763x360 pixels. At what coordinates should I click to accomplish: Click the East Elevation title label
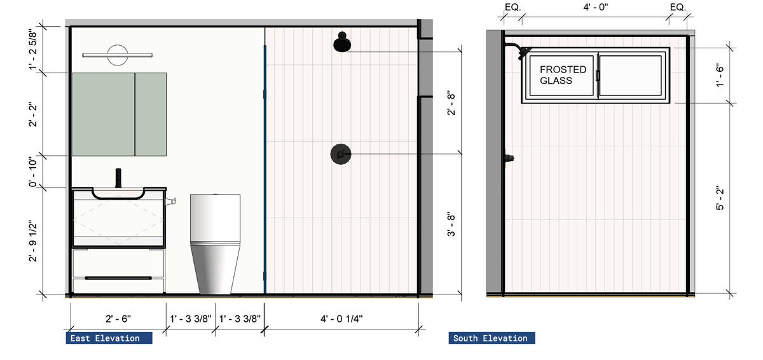pyautogui.click(x=105, y=338)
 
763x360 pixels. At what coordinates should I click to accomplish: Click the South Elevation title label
pyautogui.click(x=490, y=338)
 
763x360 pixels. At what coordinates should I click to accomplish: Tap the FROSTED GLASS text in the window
pyautogui.click(x=563, y=75)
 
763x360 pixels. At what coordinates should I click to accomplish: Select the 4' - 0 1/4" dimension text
pyautogui.click(x=341, y=319)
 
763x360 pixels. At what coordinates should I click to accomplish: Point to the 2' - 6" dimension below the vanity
pyautogui.click(x=118, y=319)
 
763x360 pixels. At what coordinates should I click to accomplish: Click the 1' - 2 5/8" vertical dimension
pyautogui.click(x=32, y=50)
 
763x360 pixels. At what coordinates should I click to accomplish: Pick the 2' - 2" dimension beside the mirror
pyautogui.click(x=32, y=114)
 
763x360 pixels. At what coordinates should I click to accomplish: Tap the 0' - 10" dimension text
pyautogui.click(x=32, y=172)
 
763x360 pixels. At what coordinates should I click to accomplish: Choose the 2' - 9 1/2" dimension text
pyautogui.click(x=32, y=241)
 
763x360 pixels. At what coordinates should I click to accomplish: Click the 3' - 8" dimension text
pyautogui.click(x=451, y=225)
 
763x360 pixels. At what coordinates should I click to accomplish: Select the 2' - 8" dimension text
pyautogui.click(x=451, y=103)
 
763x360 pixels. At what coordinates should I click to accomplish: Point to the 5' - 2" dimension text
pyautogui.click(x=720, y=198)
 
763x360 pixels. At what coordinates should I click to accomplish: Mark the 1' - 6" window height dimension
pyautogui.click(x=720, y=75)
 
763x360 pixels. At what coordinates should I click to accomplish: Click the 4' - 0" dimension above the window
pyautogui.click(x=595, y=7)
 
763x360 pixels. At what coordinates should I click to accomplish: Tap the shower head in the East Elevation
pyautogui.click(x=342, y=42)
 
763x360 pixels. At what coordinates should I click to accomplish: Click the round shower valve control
pyautogui.click(x=341, y=155)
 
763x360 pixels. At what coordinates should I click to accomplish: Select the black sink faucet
pyautogui.click(x=118, y=178)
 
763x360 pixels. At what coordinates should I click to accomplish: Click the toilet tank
pyautogui.click(x=215, y=218)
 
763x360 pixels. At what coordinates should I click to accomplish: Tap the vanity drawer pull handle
pyautogui.click(x=118, y=278)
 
